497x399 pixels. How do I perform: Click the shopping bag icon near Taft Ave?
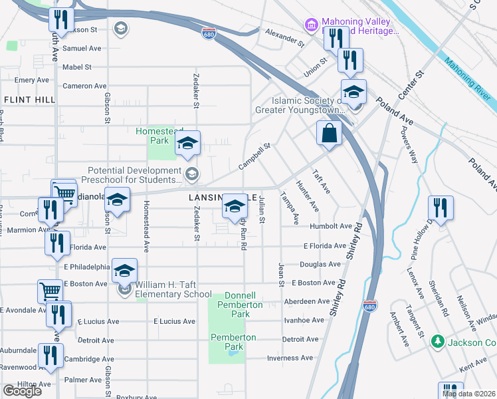(x=329, y=133)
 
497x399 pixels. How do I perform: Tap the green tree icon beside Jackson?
(x=437, y=342)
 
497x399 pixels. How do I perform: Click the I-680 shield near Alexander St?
(x=209, y=34)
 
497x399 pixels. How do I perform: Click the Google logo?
(x=22, y=390)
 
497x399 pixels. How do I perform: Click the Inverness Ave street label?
(x=290, y=358)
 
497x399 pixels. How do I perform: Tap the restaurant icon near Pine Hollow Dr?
(x=441, y=207)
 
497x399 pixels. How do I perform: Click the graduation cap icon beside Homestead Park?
(x=188, y=144)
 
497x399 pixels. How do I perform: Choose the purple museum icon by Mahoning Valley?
(x=311, y=25)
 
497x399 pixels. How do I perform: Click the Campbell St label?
(x=255, y=157)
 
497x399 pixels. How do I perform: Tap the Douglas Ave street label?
(x=320, y=264)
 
